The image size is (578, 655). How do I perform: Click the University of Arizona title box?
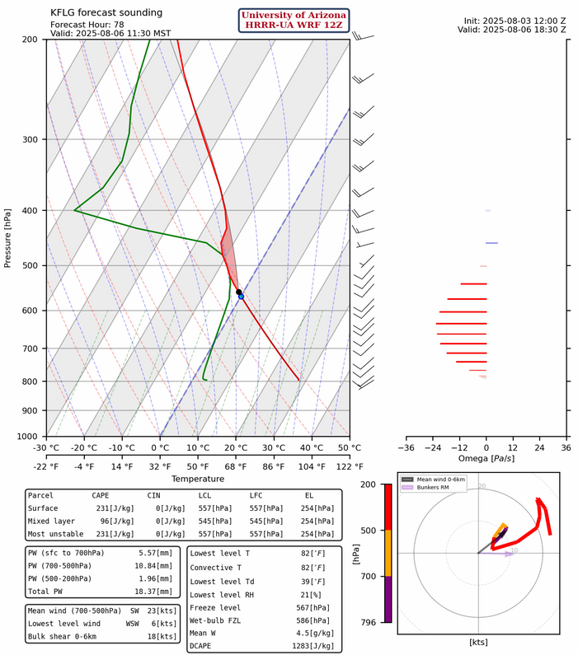tap(294, 21)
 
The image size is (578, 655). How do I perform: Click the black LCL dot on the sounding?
tap(238, 292)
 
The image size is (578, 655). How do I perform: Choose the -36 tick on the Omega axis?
tap(406, 447)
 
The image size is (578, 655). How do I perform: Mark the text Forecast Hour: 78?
tap(93, 24)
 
